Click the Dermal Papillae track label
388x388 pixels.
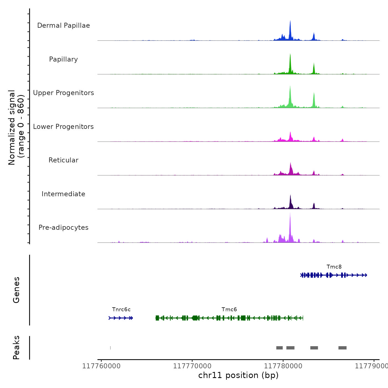coord(63,25)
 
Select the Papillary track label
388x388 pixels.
coord(63,59)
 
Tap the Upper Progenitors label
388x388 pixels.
coord(63,93)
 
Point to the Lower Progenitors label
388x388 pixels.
coord(63,127)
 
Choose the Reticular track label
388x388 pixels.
coord(63,160)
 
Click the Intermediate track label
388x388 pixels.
coord(63,194)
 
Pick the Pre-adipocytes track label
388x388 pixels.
coord(63,228)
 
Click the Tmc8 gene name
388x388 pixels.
coord(334,267)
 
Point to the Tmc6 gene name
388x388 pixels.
coord(229,310)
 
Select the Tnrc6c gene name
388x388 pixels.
coord(121,310)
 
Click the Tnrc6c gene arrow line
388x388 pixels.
coord(121,318)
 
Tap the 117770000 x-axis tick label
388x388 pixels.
coord(192,366)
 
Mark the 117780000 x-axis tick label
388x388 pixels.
coord(283,366)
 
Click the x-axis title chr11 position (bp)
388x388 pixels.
coord(238,375)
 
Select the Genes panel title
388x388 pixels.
coord(16,290)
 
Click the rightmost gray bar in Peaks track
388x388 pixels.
coord(343,348)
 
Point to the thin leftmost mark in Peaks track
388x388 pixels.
coord(111,348)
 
